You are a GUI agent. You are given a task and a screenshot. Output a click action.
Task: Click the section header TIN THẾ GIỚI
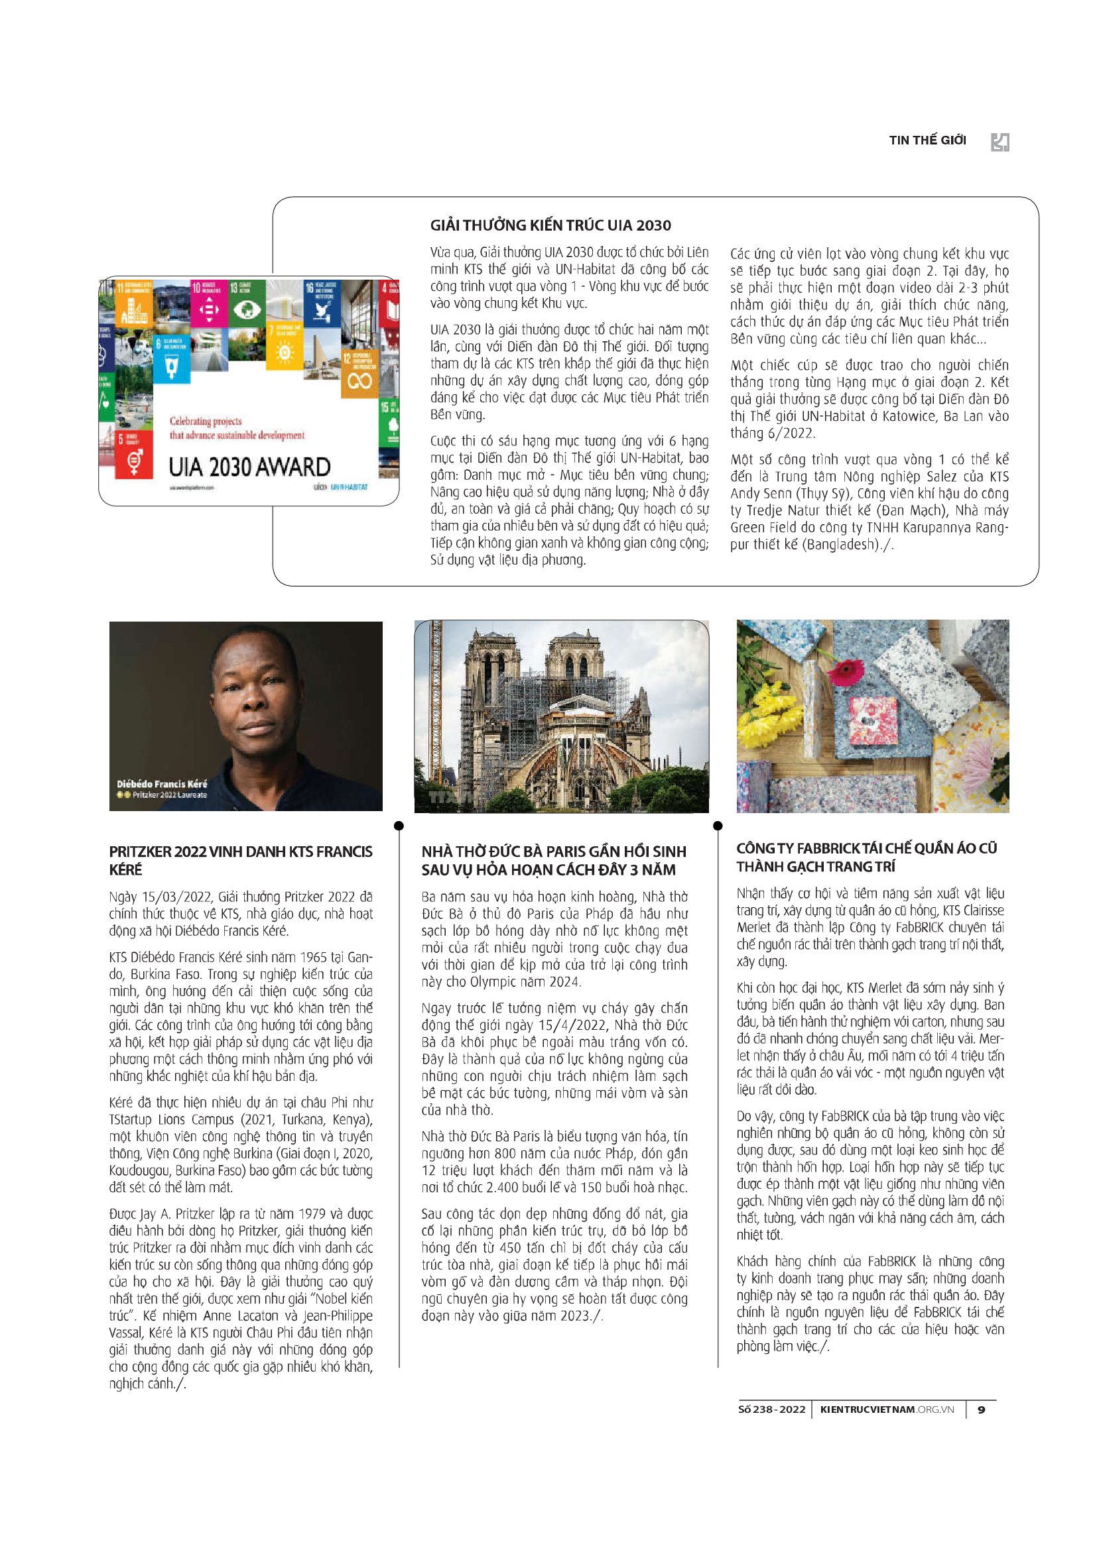click(x=927, y=140)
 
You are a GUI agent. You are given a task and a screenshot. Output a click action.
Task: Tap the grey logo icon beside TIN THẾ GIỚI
click(x=1000, y=142)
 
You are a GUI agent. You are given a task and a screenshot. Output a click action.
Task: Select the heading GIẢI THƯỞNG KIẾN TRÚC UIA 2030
click(x=550, y=225)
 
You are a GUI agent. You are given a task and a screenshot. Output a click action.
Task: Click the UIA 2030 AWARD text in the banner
click(x=249, y=467)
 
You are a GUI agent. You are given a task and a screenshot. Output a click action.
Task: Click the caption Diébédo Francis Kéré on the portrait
click(x=161, y=784)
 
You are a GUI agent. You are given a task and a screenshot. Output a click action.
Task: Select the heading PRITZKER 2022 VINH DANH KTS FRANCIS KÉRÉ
click(x=241, y=860)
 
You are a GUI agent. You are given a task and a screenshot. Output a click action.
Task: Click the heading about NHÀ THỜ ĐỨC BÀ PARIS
click(x=553, y=860)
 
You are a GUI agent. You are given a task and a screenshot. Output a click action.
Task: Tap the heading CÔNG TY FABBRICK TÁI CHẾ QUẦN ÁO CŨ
click(x=866, y=857)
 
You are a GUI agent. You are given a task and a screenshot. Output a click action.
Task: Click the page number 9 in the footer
click(x=982, y=1410)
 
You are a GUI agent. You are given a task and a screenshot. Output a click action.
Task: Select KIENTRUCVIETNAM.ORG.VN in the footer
click(x=886, y=1410)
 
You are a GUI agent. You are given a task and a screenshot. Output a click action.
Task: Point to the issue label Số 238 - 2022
click(x=771, y=1410)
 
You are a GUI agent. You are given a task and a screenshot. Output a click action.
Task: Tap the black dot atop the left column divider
click(x=399, y=826)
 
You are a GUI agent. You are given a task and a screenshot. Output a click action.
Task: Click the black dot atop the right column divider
click(x=718, y=826)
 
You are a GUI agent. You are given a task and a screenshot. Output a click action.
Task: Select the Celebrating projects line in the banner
click(x=206, y=421)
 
